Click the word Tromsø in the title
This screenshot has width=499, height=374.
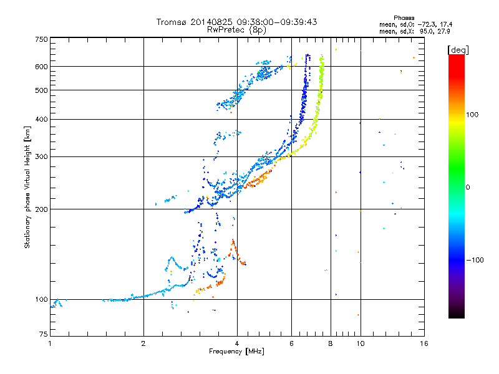pyautogui.click(x=171, y=22)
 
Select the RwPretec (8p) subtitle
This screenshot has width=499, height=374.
pyautogui.click(x=236, y=30)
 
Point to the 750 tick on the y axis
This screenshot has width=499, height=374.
pyautogui.click(x=41, y=39)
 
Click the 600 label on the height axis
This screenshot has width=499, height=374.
pyautogui.click(x=41, y=67)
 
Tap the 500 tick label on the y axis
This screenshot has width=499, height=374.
pyautogui.click(x=41, y=90)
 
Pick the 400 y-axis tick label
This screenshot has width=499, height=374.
pyautogui.click(x=41, y=119)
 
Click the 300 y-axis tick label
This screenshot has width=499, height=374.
pyautogui.click(x=41, y=156)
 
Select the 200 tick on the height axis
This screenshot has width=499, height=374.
pyautogui.click(x=41, y=209)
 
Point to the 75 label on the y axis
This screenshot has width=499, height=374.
pyautogui.click(x=44, y=334)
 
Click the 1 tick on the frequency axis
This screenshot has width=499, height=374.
pyautogui.click(x=50, y=343)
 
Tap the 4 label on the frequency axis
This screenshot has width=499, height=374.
pyautogui.click(x=237, y=343)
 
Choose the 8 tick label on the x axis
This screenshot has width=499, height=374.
pyautogui.click(x=331, y=343)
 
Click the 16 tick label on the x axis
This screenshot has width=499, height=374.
pyautogui.click(x=424, y=343)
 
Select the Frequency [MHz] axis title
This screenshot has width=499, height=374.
pyautogui.click(x=236, y=352)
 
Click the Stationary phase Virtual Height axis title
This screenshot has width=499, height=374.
pyautogui.click(x=27, y=187)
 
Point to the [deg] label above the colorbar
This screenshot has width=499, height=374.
pyautogui.click(x=458, y=50)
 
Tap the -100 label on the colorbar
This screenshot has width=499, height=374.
pyautogui.click(x=475, y=260)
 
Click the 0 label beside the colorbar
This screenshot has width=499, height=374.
pyautogui.click(x=468, y=188)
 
